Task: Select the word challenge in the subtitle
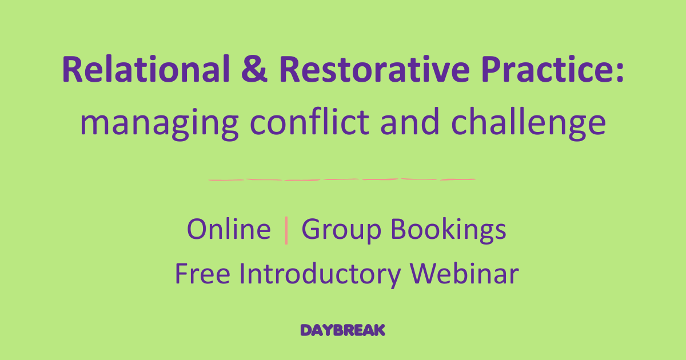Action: [x=528, y=122]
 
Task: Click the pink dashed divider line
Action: [x=342, y=179]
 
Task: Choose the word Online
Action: [x=229, y=230]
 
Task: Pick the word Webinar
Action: [x=464, y=273]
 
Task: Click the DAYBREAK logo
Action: [x=343, y=330]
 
